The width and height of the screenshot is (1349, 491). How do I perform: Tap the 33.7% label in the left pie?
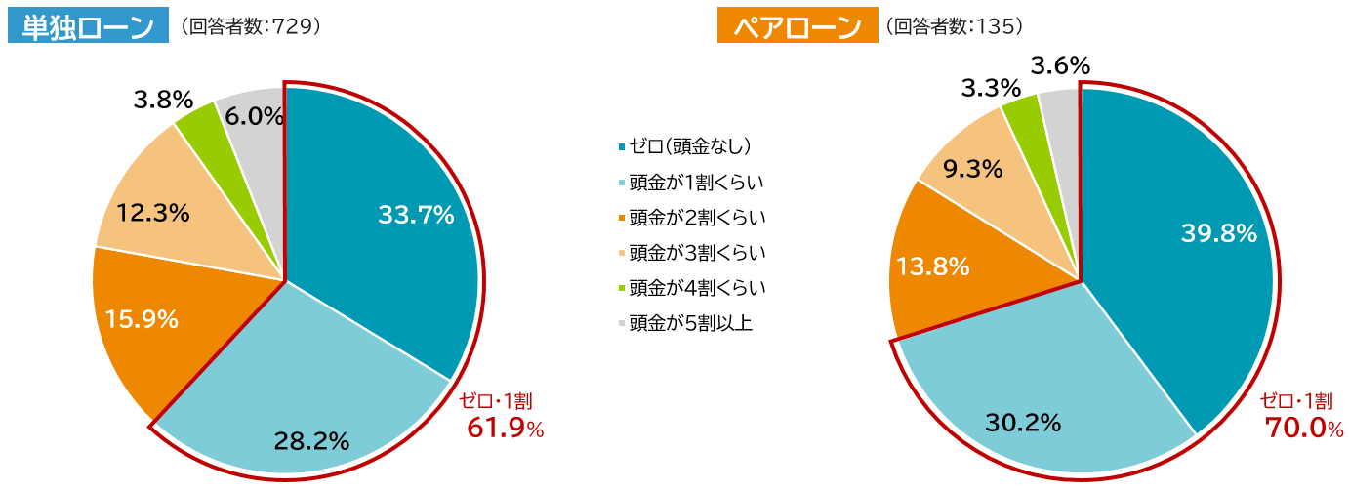[x=416, y=215]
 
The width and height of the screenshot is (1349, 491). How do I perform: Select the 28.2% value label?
[x=311, y=441]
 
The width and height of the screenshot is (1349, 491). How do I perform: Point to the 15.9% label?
[x=141, y=319]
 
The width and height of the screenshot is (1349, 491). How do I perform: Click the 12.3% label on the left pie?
[x=152, y=212]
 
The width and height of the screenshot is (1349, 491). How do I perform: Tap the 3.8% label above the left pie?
[x=162, y=100]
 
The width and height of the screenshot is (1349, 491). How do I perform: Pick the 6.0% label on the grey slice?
[x=254, y=116]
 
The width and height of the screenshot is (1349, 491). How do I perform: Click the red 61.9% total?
[x=505, y=428]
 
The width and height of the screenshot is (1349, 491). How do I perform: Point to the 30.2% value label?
[x=1023, y=423]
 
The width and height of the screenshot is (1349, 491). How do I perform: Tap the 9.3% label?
[x=973, y=170]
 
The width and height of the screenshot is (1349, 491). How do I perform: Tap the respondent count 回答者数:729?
[x=245, y=27]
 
